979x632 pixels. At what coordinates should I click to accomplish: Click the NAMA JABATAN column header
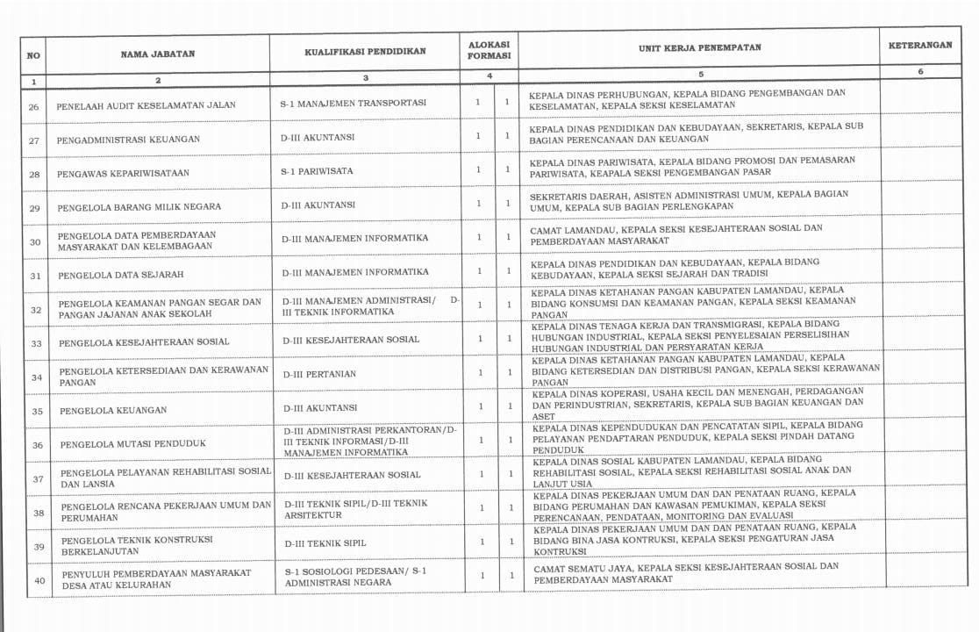pos(158,54)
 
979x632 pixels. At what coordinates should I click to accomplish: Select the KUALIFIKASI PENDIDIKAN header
pos(365,52)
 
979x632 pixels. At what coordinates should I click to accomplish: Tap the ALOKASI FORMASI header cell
pos(489,49)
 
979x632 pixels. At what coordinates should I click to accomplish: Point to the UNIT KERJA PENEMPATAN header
pos(699,48)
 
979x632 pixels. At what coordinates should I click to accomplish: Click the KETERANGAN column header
pos(919,46)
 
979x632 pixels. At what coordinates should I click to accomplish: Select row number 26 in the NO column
pos(34,107)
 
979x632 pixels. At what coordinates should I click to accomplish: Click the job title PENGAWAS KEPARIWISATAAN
pos(123,174)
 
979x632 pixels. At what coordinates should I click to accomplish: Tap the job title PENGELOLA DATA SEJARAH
pos(121,275)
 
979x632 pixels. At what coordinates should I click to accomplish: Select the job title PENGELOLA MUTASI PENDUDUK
pos(133,444)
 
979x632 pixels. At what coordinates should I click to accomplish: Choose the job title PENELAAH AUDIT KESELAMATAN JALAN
pos(146,105)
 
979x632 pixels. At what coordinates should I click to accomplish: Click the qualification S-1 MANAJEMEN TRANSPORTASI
pos(353,103)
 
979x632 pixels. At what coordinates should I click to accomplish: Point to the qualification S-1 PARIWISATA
pos(317,171)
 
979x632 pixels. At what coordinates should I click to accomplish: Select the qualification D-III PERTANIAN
pos(319,374)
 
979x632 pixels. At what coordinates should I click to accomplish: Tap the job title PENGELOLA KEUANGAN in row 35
pos(113,410)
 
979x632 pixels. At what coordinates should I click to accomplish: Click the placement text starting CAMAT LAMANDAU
pos(675,233)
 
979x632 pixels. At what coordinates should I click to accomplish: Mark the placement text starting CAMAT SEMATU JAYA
pos(685,573)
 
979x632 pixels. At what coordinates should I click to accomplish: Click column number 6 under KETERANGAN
pos(920,72)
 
